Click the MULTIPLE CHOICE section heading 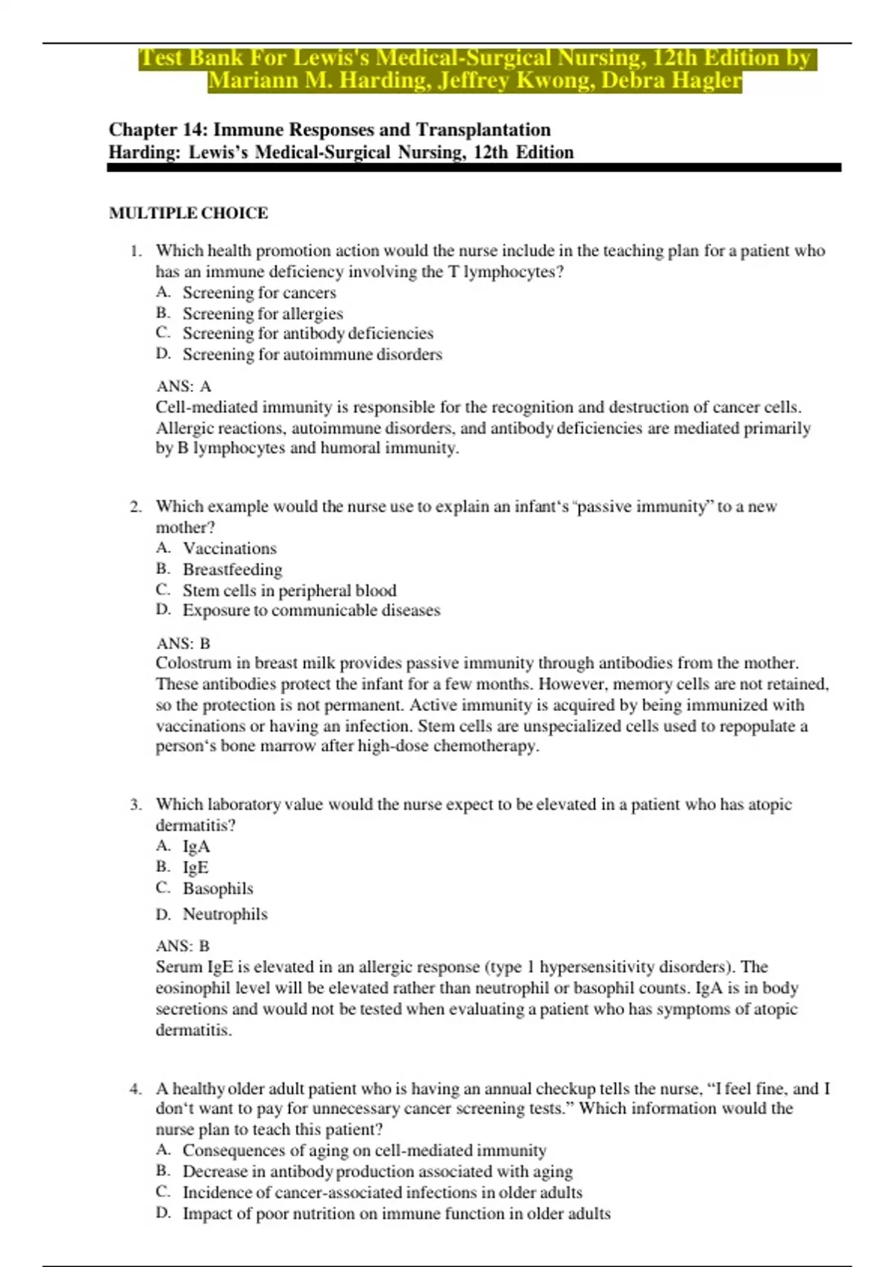pyautogui.click(x=188, y=213)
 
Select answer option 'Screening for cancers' pyautogui.click(x=259, y=293)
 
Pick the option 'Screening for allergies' pyautogui.click(x=263, y=314)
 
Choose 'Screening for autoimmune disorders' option pyautogui.click(x=312, y=355)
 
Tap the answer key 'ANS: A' pyautogui.click(x=183, y=386)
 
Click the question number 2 pyautogui.click(x=135, y=507)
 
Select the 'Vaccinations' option pyautogui.click(x=230, y=549)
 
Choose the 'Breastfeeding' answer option pyautogui.click(x=233, y=569)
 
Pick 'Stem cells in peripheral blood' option pyautogui.click(x=289, y=590)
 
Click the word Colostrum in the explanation pyautogui.click(x=193, y=663)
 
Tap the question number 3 pyautogui.click(x=135, y=805)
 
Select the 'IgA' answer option pyautogui.click(x=196, y=847)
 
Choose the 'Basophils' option pyautogui.click(x=218, y=888)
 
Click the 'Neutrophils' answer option pyautogui.click(x=224, y=914)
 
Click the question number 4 pyautogui.click(x=135, y=1089)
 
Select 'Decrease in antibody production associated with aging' pyautogui.click(x=377, y=1172)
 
